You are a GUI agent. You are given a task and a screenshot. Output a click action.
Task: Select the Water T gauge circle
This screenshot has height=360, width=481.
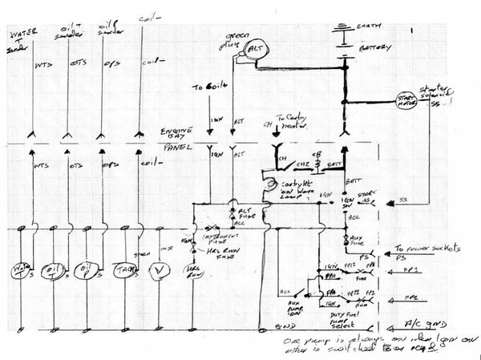pos(23,269)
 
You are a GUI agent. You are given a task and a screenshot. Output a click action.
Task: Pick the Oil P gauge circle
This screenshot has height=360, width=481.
pos(86,269)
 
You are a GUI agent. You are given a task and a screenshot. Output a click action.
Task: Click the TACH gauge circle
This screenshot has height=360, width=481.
pos(127,269)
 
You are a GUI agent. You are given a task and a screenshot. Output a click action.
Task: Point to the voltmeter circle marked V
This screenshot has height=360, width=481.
pos(161,269)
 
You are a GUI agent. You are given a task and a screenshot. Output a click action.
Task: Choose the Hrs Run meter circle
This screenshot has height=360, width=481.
pos(193,269)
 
